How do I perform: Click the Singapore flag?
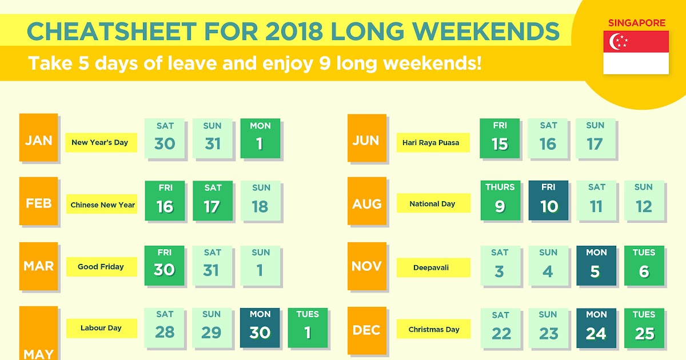point(636,53)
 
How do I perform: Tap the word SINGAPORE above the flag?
point(637,23)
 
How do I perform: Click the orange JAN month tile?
point(39,138)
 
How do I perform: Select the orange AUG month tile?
point(367,201)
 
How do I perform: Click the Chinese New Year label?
point(102,204)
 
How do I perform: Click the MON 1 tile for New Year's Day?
point(260,138)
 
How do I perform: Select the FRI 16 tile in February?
point(165,201)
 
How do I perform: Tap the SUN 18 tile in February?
point(260,201)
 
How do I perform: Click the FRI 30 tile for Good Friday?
point(165,266)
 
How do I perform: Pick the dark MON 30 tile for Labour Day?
point(260,328)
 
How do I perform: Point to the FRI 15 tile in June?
point(500,138)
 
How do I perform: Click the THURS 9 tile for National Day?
point(500,200)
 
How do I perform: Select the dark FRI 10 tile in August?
point(548,200)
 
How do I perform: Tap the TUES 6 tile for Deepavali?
point(644,266)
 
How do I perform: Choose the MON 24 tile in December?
point(596,328)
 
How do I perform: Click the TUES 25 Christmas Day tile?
point(644,328)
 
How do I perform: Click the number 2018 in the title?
point(294,31)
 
